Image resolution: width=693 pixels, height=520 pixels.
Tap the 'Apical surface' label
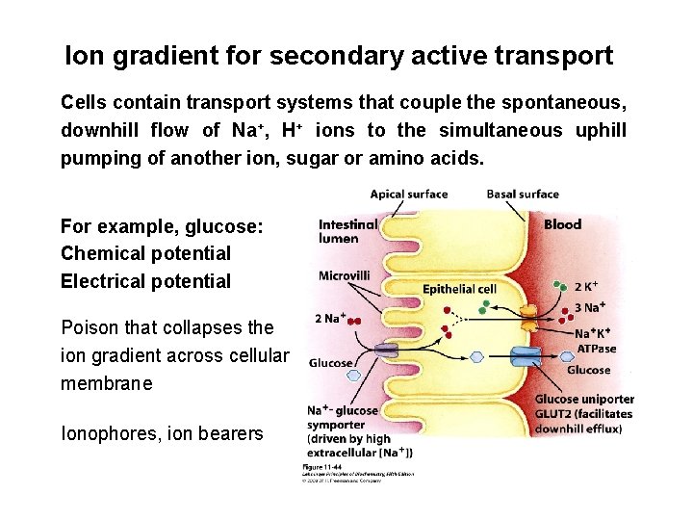tap(409, 195)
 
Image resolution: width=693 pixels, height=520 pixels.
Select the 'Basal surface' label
tap(523, 195)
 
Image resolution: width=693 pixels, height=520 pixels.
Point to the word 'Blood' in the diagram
tap(563, 224)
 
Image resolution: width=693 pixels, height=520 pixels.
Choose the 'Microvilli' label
tap(344, 275)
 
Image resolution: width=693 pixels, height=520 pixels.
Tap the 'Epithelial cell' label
tap(459, 288)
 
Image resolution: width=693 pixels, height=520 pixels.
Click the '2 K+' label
tap(588, 286)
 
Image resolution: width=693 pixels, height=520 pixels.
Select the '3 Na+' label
tap(589, 307)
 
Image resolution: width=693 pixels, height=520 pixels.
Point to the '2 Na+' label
tap(330, 319)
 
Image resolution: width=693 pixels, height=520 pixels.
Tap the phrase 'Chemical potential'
tap(145, 254)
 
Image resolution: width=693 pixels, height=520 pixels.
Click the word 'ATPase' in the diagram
tap(597, 348)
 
